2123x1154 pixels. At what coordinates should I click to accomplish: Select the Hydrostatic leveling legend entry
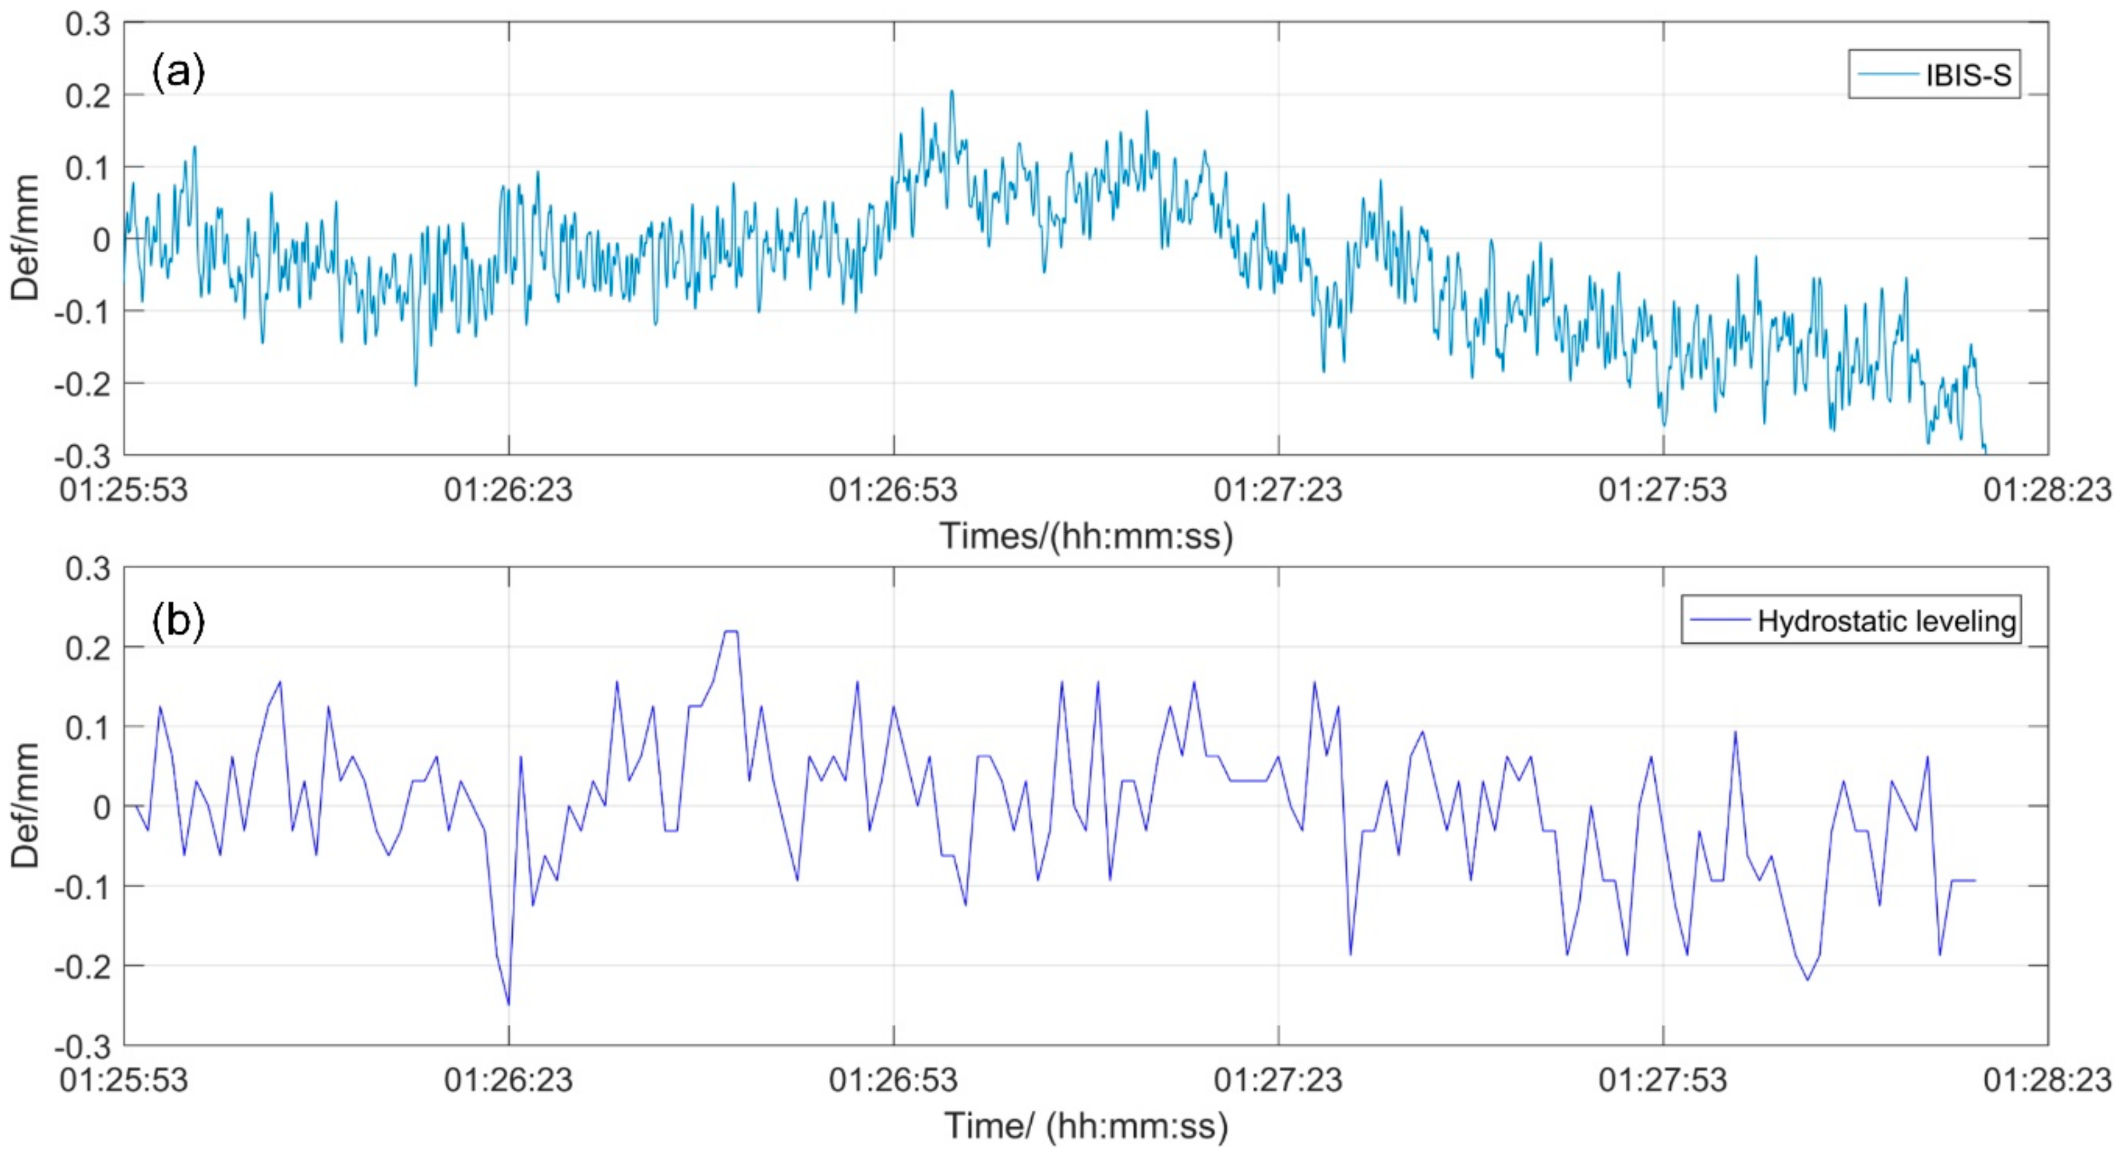pos(1851,620)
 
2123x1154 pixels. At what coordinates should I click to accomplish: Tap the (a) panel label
pos(178,73)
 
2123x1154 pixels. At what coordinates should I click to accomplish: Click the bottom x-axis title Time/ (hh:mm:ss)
pos(1086,1126)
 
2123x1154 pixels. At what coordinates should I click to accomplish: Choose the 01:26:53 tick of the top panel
pos(893,490)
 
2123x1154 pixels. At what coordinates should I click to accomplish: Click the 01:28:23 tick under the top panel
pos(2047,490)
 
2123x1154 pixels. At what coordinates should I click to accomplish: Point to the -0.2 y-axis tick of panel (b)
pos(82,966)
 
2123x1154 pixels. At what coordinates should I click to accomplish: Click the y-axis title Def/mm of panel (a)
pos(26,238)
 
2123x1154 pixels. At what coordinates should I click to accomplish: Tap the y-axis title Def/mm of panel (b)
pos(26,805)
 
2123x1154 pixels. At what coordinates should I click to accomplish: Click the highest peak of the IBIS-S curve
pos(952,91)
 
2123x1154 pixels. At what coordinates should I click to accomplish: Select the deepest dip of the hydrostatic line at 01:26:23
pos(509,1004)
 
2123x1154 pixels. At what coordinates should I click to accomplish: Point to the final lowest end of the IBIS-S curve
pos(1985,451)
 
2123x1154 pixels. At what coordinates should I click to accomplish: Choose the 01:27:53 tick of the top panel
pos(1662,490)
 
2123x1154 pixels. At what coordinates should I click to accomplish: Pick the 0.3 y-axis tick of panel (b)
pos(88,569)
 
